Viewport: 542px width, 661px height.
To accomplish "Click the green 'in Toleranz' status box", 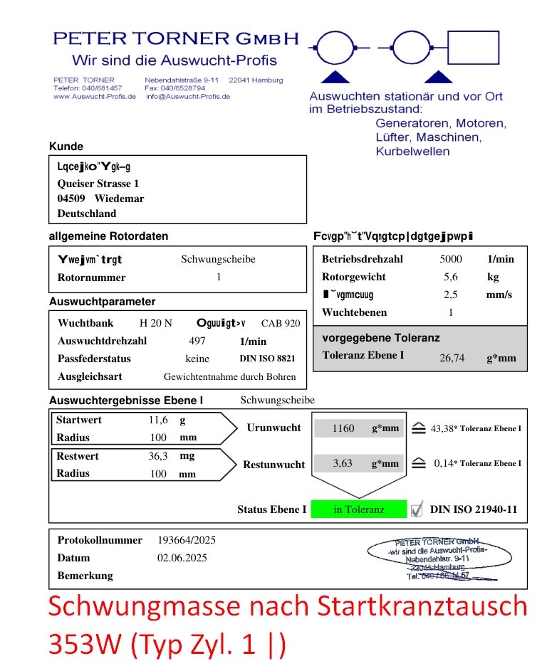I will point(359,509).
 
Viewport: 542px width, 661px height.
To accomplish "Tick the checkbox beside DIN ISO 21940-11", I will point(417,509).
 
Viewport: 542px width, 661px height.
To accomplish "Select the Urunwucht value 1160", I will point(343,428).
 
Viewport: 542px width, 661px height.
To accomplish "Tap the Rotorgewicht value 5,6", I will point(450,277).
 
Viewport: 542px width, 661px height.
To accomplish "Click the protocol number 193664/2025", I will point(186,540).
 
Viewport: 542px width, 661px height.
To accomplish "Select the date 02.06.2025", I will point(182,558).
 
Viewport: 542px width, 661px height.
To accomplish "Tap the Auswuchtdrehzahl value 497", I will point(197,341).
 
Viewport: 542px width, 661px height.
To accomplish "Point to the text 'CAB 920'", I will point(281,323).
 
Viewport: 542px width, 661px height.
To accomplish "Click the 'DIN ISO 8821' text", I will point(267,359).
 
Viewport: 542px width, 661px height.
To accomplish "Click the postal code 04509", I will point(71,199).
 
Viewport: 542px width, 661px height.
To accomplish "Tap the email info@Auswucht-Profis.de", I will point(188,97).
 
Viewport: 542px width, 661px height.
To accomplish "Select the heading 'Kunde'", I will point(66,147).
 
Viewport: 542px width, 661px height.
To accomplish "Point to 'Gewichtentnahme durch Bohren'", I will point(229,376).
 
